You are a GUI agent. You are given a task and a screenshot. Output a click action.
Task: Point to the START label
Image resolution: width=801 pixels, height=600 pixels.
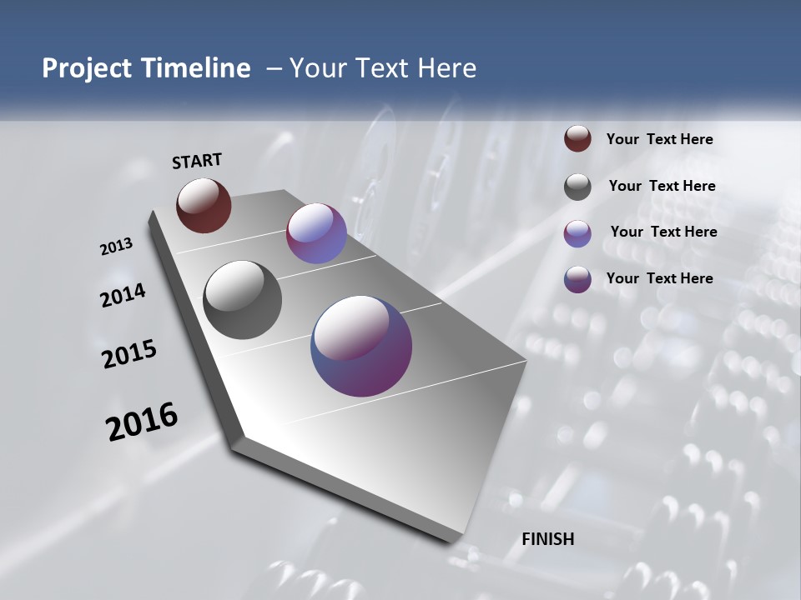click(197, 161)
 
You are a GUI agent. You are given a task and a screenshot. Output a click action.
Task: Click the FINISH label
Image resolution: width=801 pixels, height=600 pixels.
click(548, 539)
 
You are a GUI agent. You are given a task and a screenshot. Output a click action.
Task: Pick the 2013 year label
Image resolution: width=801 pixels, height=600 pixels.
click(116, 247)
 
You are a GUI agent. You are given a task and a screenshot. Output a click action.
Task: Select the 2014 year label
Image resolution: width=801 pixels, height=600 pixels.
click(123, 296)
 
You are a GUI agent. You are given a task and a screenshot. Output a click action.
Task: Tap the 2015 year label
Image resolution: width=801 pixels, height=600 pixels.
click(129, 354)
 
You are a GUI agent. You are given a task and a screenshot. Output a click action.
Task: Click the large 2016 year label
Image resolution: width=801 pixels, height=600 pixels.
click(142, 422)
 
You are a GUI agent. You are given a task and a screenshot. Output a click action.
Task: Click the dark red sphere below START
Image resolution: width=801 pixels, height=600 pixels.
click(204, 205)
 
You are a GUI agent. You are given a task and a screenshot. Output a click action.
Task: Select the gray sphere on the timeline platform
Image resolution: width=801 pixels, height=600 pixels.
click(242, 300)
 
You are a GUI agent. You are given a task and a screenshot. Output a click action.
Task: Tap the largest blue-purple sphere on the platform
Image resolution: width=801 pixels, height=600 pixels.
click(361, 346)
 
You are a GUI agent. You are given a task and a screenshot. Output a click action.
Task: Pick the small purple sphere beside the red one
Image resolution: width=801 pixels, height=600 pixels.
click(316, 233)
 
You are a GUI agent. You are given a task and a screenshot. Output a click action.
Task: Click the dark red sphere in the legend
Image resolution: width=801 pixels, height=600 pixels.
click(577, 139)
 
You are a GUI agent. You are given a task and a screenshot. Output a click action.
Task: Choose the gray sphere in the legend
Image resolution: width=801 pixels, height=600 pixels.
click(577, 187)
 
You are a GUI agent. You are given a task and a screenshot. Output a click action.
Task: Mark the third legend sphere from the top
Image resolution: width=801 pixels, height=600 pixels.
click(577, 233)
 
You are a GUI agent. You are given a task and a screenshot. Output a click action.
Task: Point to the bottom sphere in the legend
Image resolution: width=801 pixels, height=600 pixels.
click(577, 279)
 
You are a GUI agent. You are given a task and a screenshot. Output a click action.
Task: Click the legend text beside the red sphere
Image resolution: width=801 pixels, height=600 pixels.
click(659, 140)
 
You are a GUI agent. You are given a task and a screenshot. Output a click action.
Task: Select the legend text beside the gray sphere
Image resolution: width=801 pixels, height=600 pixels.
click(662, 186)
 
